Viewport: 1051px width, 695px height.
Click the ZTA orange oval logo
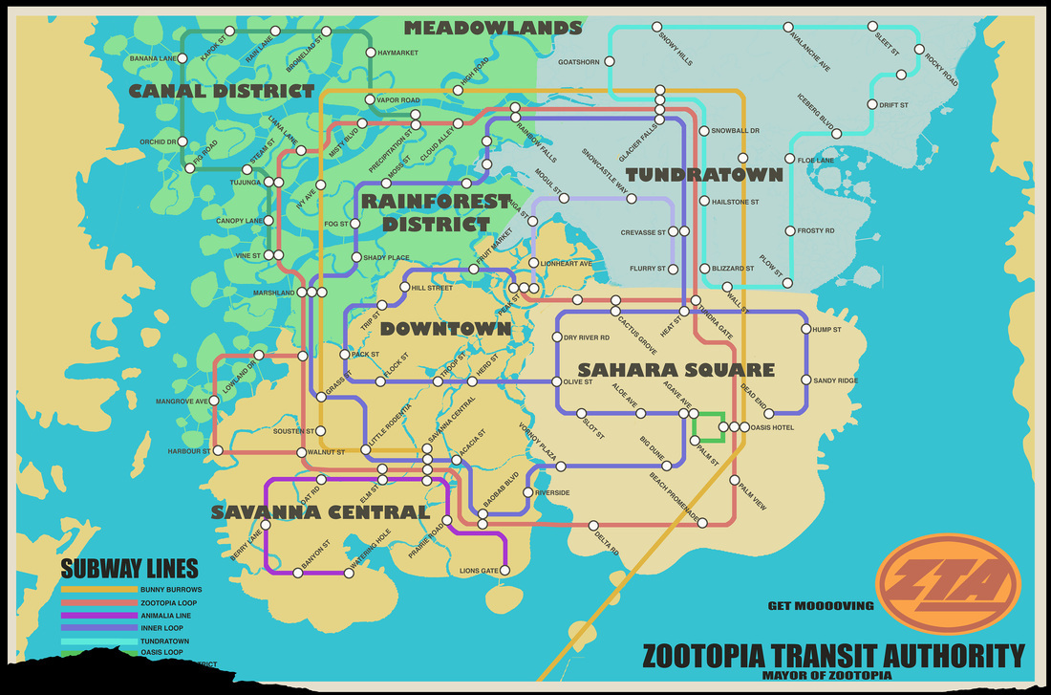(x=949, y=584)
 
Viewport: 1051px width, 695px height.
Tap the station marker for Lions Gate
(x=505, y=571)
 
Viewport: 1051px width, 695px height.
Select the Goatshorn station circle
(x=609, y=63)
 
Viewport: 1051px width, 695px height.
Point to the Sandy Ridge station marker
(x=806, y=380)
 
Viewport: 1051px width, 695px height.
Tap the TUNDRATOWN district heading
(x=704, y=174)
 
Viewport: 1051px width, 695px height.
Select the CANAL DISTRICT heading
(x=222, y=92)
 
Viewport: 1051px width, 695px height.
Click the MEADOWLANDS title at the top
(x=492, y=28)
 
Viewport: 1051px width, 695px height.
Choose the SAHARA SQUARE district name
(x=676, y=369)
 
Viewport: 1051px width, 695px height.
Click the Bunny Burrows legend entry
(x=170, y=590)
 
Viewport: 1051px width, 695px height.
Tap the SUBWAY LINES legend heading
(x=130, y=568)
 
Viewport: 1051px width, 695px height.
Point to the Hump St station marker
(x=806, y=330)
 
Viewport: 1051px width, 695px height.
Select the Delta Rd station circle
(x=593, y=525)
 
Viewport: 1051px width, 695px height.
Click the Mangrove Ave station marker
(x=215, y=402)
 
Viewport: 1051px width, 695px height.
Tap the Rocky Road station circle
(x=918, y=50)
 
